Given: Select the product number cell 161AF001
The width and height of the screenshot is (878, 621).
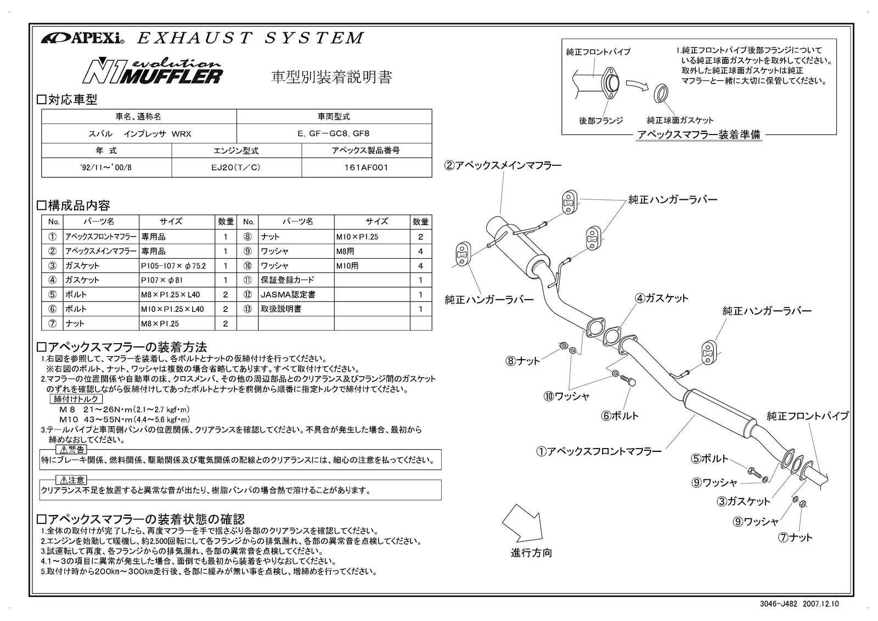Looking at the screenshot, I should [x=367, y=167].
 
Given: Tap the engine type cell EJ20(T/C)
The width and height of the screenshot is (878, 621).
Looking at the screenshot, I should [x=237, y=167].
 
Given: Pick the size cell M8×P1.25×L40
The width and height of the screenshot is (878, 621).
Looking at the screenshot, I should [x=170, y=294].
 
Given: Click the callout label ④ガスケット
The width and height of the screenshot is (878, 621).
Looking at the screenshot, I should [x=662, y=298].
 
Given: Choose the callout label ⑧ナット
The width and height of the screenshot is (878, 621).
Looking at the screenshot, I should [x=523, y=361].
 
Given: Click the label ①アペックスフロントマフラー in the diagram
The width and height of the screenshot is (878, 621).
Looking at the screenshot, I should [x=599, y=451].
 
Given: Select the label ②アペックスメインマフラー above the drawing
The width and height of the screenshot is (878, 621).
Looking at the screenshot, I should [x=503, y=165].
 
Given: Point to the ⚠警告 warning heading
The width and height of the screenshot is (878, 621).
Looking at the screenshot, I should [x=71, y=450].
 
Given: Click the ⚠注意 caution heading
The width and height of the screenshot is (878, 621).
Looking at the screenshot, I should [x=71, y=480].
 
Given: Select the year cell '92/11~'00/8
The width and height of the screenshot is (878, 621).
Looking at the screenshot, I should [x=105, y=167].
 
